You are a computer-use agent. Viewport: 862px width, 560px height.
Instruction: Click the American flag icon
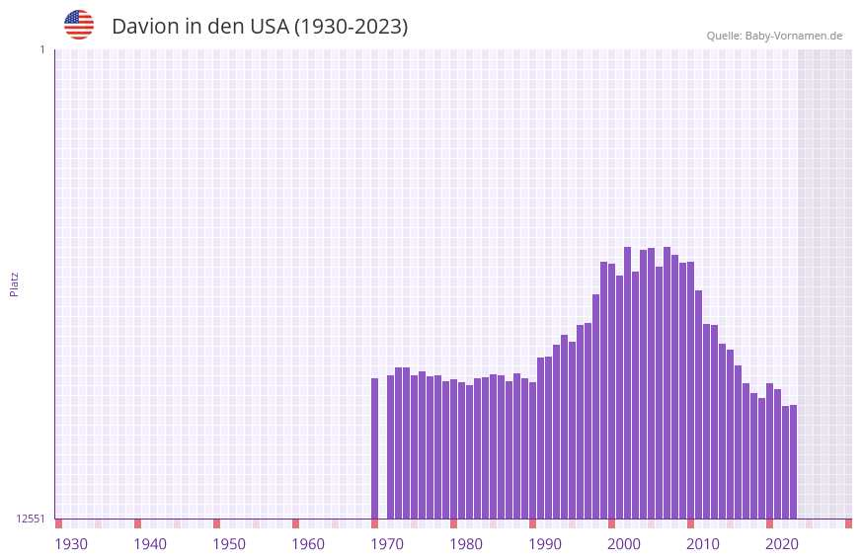point(79,25)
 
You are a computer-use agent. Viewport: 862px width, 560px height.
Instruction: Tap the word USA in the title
point(269,27)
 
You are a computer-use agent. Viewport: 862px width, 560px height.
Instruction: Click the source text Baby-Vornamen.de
point(794,36)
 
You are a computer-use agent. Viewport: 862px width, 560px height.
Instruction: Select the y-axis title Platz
point(14,284)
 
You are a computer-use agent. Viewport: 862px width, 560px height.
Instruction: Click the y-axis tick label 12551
point(30,519)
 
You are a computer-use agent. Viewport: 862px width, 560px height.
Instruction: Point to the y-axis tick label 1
point(41,49)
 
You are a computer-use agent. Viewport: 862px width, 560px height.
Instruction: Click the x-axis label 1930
point(71,544)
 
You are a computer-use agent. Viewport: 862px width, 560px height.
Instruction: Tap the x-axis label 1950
point(229,544)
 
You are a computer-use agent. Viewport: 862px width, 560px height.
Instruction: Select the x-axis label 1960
point(308,544)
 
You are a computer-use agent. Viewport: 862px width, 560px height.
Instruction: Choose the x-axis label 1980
point(466,544)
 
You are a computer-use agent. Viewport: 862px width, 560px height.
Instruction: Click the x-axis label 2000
point(624,544)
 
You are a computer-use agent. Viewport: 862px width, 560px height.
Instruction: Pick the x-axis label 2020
point(782,544)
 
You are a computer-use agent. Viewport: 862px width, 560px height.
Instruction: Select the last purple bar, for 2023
point(793,461)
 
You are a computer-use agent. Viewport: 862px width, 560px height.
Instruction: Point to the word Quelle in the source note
point(724,36)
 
